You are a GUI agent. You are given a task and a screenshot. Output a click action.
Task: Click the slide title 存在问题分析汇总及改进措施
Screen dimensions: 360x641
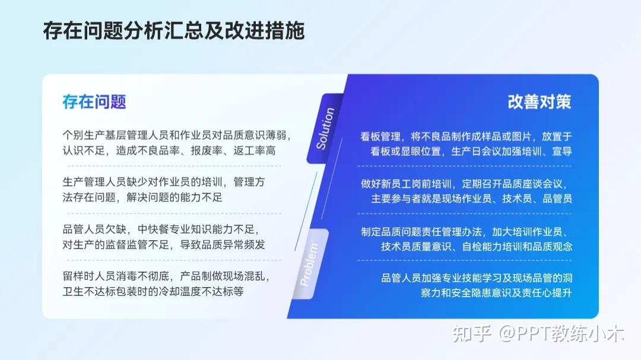[173, 31]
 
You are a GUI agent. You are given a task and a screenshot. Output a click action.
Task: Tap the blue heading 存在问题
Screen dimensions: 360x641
[94, 101]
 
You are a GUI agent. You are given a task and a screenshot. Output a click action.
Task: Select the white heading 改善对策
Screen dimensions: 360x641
[539, 101]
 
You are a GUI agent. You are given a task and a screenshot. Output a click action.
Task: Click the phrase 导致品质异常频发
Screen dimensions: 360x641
[227, 244]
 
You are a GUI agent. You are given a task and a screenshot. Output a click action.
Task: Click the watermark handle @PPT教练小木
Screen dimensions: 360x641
[561, 334]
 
